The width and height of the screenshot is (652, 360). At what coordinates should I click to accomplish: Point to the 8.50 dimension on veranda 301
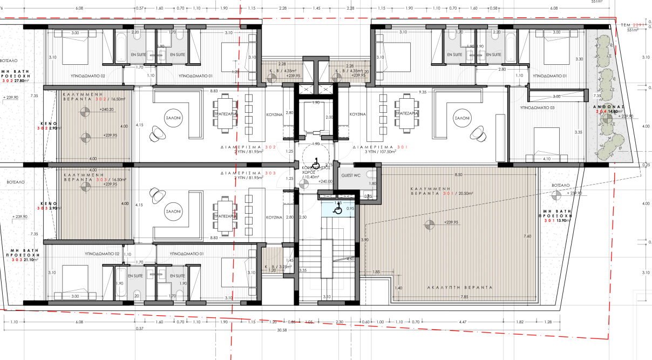(458, 174)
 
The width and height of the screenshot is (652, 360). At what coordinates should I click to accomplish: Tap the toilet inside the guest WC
(369, 174)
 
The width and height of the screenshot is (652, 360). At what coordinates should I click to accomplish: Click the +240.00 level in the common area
(325, 182)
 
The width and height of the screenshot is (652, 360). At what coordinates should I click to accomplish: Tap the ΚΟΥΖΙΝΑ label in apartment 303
(275, 218)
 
